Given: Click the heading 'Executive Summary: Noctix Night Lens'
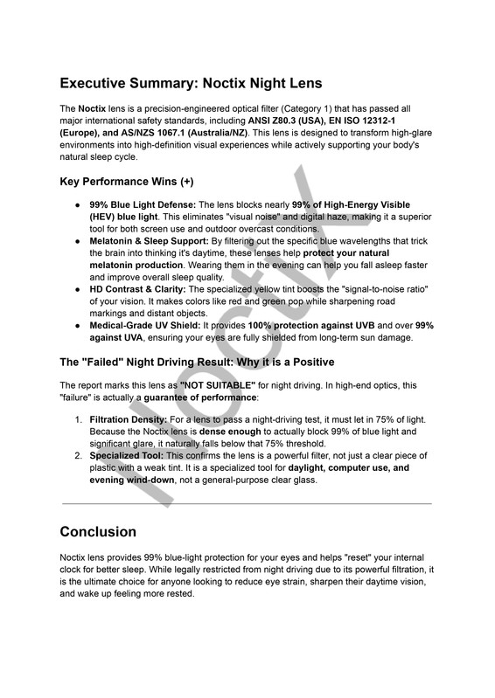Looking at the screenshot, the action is click(191, 84).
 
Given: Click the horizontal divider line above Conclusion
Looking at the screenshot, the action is click(247, 503).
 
